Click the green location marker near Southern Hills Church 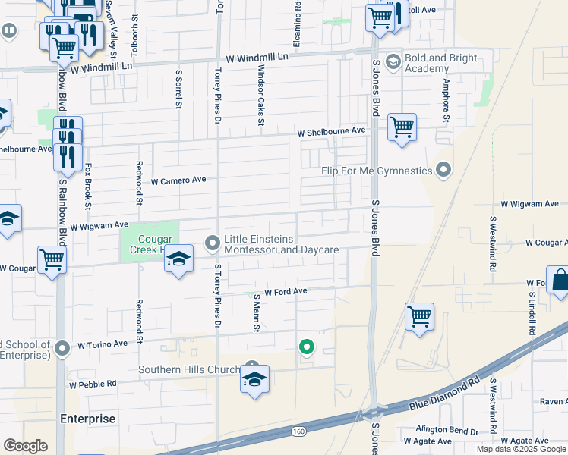307,347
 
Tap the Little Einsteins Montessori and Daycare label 281,243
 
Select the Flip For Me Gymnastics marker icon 444,171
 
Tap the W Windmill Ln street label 257,58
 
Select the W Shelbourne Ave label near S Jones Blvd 331,131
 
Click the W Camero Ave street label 178,181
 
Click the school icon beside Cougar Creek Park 178,259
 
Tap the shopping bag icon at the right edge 559,280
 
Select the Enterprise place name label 88,419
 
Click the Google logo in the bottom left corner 25,446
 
